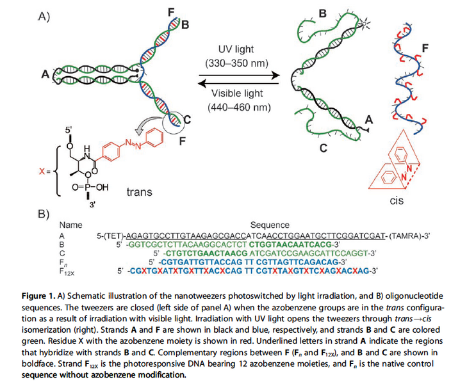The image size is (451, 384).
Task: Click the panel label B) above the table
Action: [x=43, y=214]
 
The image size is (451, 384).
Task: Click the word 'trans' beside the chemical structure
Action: [x=140, y=192]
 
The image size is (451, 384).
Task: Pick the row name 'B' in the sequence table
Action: [x=61, y=244]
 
